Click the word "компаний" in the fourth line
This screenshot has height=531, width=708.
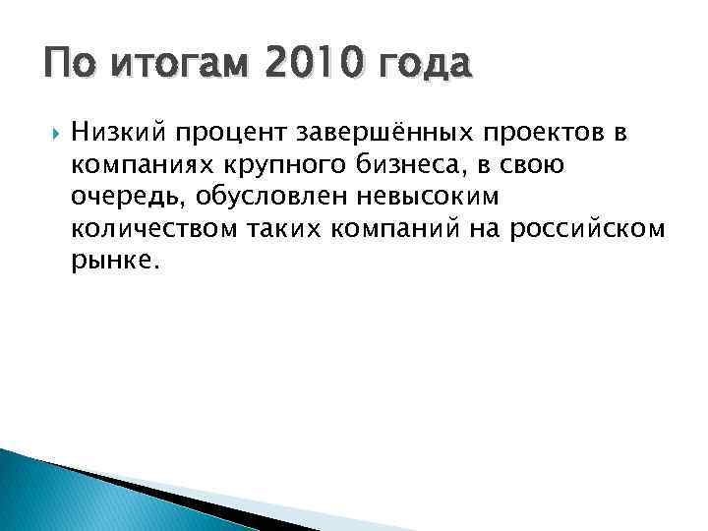point(397,229)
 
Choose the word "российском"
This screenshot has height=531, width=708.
point(581,229)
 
